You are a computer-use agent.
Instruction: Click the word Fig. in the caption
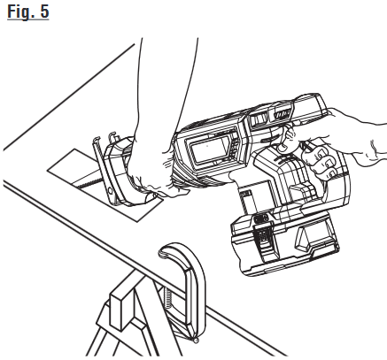(x=20, y=12)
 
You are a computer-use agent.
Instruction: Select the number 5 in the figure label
(x=43, y=11)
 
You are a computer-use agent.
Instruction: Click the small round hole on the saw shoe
(x=110, y=191)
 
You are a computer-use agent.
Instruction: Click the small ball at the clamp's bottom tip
(x=195, y=341)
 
